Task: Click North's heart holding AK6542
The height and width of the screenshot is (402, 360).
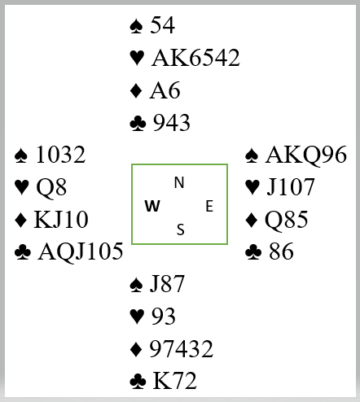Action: [195, 58]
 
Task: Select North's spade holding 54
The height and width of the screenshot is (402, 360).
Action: [163, 25]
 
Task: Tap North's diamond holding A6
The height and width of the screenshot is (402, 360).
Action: [165, 90]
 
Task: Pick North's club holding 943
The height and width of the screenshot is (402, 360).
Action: [172, 123]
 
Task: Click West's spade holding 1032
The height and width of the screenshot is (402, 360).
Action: [61, 155]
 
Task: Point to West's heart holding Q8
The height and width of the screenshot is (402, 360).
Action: [51, 187]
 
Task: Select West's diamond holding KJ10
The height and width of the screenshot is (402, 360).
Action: [61, 220]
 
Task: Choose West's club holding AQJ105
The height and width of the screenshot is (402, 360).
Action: [81, 251]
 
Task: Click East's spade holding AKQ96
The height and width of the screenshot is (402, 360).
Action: [306, 155]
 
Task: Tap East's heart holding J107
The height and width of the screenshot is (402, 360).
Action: [291, 187]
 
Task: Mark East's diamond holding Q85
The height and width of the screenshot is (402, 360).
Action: [287, 220]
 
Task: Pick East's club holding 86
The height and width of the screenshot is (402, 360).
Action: [281, 251]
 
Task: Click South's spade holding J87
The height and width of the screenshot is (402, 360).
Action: [167, 284]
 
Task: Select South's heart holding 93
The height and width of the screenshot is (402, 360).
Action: [164, 317]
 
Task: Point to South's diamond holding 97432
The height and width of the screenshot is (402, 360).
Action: [182, 348]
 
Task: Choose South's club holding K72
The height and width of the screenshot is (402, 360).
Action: [174, 381]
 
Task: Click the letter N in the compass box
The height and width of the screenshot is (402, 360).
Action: [179, 182]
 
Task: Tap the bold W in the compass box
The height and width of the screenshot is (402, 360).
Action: [152, 206]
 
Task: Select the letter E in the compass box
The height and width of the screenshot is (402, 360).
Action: [209, 206]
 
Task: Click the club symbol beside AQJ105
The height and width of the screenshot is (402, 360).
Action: [23, 252]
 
